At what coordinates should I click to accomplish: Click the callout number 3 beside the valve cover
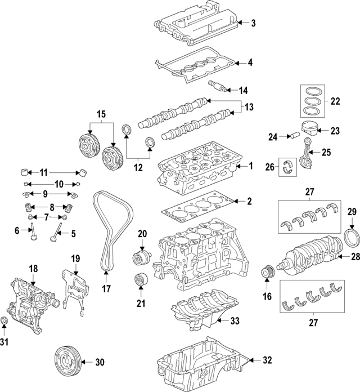[253, 23]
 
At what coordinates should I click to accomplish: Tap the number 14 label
[243, 90]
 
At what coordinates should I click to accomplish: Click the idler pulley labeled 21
[138, 280]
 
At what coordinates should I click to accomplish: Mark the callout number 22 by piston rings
[335, 101]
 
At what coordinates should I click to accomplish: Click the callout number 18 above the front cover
[33, 270]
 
